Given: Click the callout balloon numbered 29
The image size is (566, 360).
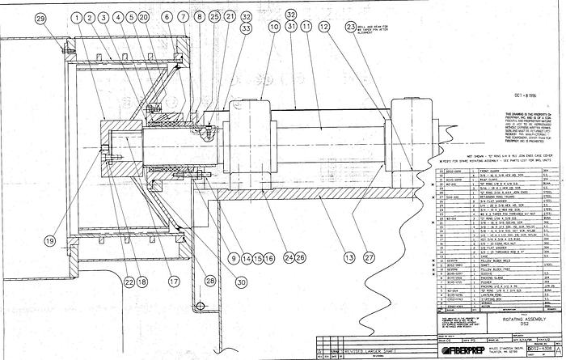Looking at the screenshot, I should [x=40, y=18].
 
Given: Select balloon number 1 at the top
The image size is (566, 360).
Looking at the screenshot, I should [x=76, y=18].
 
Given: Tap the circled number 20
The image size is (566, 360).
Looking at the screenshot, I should [x=144, y=18].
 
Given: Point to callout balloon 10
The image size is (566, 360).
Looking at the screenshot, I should [x=275, y=28].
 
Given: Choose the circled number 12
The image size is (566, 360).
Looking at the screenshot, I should [x=324, y=28].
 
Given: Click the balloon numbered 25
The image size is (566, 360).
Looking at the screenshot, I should [x=213, y=17].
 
